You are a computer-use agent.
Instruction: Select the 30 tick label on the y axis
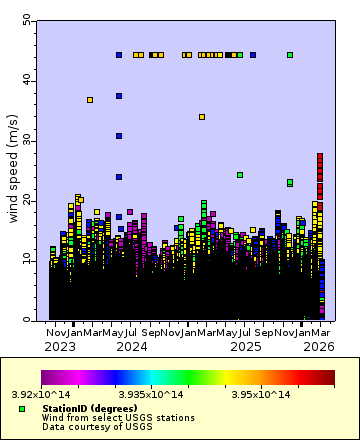(26, 140)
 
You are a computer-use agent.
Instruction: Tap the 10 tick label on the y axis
(26, 260)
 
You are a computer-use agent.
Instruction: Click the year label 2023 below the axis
(59, 347)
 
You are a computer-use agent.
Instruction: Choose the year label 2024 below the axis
(133, 347)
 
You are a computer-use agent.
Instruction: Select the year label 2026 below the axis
(319, 347)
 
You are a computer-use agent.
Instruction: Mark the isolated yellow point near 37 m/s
(90, 100)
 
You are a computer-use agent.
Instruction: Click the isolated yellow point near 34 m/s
(202, 117)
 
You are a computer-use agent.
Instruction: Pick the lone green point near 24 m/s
(240, 175)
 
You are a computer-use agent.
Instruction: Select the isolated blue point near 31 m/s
(119, 136)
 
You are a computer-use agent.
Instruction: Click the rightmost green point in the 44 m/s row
(290, 55)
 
